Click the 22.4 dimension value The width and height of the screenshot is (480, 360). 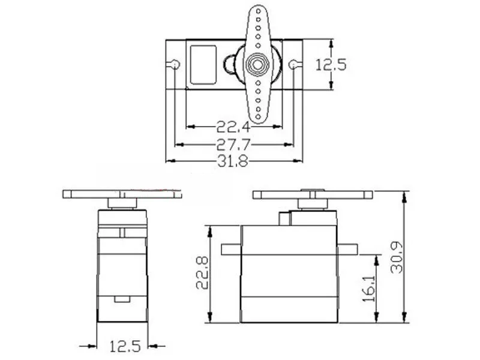coord(233,127)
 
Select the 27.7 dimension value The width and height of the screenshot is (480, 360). coord(233,145)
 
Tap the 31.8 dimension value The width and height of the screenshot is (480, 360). coord(233,161)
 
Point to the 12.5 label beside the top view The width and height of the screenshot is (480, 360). coord(331,65)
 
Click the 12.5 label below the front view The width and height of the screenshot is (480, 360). coord(125,346)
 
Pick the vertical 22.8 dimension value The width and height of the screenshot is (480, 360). coord(203,273)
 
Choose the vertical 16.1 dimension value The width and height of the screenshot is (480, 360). coord(369,289)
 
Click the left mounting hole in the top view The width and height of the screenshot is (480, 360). coord(175,65)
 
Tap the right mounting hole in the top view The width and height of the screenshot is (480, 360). coord(293,65)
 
